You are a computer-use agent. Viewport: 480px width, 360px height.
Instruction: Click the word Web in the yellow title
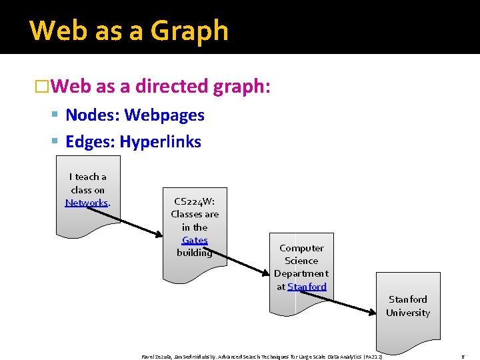(53, 31)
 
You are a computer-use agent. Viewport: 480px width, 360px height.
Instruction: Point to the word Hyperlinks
(160, 142)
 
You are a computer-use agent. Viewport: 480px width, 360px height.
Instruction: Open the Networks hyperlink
(86, 203)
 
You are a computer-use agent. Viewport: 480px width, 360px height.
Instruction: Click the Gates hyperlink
(195, 240)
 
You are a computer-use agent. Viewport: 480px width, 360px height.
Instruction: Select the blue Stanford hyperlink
(307, 287)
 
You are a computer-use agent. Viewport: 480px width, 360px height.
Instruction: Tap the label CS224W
(193, 201)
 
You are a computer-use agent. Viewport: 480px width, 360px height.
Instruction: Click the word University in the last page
(407, 313)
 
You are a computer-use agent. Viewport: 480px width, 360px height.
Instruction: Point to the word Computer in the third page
(301, 248)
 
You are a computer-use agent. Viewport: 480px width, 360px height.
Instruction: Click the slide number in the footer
(463, 357)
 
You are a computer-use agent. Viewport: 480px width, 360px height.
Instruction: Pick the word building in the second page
(194, 253)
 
